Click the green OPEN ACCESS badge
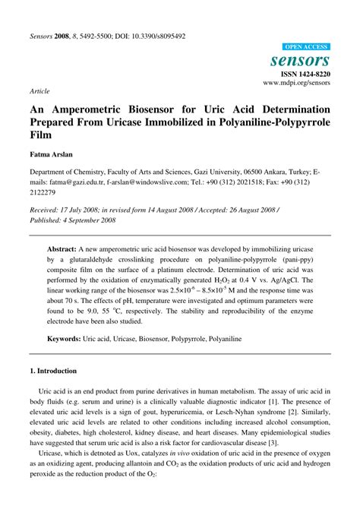coord(306,47)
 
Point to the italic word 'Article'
coord(40,90)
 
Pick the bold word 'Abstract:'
coord(62,227)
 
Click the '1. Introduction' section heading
coord(53,371)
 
